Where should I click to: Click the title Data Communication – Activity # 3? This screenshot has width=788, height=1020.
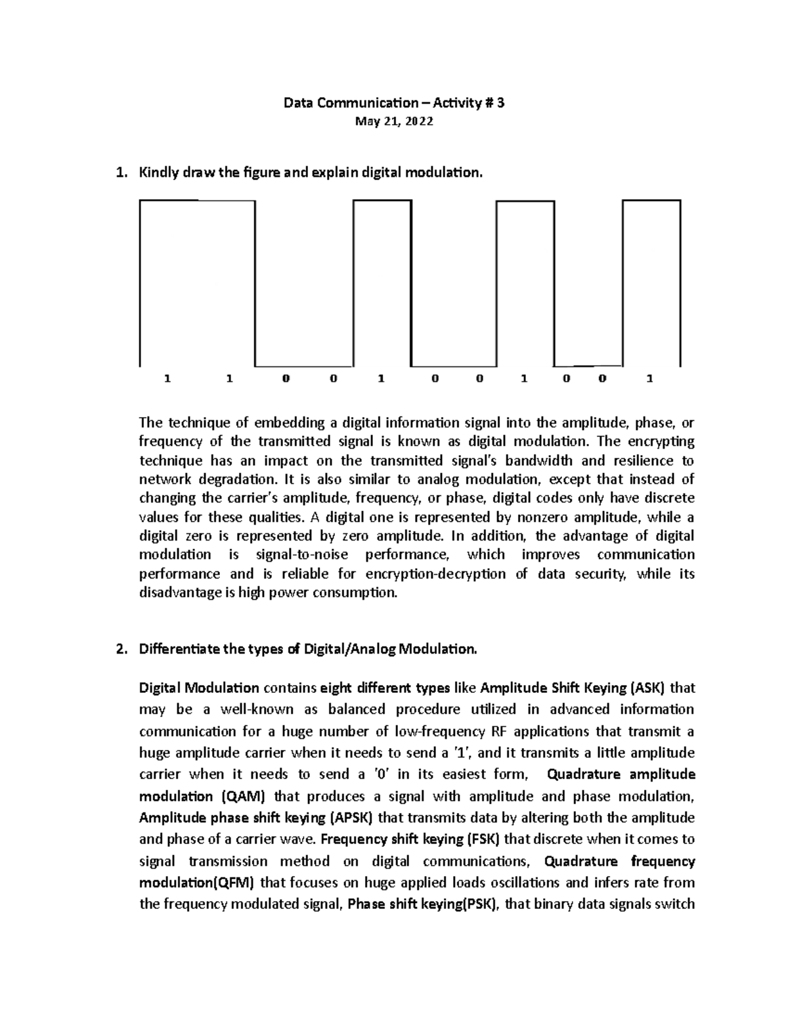tap(393, 103)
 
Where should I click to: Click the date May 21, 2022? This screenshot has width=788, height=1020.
tap(393, 122)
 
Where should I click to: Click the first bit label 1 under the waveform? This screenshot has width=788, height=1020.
tap(167, 379)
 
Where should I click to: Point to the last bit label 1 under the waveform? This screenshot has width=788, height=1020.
tap(650, 379)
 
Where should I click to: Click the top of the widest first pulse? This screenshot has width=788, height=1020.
tap(197, 200)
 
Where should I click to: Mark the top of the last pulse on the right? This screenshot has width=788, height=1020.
tap(651, 200)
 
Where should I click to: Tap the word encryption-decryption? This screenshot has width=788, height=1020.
tap(435, 574)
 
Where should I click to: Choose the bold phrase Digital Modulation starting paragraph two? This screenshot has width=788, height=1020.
tap(199, 688)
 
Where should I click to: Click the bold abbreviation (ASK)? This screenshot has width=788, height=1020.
tap(647, 688)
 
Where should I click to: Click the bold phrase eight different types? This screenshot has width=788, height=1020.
tap(385, 688)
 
